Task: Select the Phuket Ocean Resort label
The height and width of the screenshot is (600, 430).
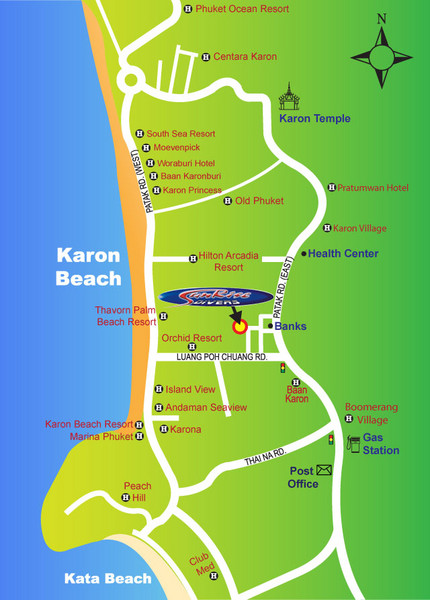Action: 240,9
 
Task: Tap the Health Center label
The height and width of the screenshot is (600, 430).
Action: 342,253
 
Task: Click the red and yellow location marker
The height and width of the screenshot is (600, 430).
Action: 239,325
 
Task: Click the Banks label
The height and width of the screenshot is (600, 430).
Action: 290,326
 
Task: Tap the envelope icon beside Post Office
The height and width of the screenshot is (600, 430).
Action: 325,470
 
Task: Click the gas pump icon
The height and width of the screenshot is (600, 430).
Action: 353,444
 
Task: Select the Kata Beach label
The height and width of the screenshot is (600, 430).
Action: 107,578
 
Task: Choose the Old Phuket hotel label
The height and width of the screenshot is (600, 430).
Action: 259,200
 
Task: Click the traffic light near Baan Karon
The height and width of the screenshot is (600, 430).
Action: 283,368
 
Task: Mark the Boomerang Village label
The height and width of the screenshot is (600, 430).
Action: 371,413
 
